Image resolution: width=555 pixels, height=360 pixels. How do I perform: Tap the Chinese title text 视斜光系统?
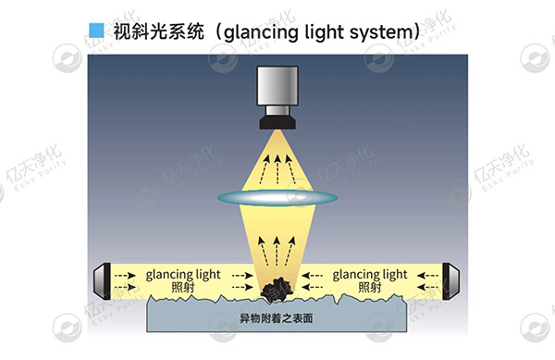[155, 31]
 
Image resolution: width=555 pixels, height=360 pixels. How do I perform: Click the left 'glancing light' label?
[183, 275]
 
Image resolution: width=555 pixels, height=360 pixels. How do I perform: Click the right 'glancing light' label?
[369, 275]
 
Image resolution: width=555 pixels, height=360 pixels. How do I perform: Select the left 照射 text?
[183, 288]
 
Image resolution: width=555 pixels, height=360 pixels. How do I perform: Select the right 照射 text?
[369, 288]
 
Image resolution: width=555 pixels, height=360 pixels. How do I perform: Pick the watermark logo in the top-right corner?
[535, 57]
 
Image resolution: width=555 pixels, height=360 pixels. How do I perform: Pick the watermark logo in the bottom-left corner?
[67, 328]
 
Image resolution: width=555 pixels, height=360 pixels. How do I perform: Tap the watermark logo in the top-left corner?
[67, 57]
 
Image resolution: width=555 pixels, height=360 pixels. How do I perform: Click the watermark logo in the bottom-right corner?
[535, 328]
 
